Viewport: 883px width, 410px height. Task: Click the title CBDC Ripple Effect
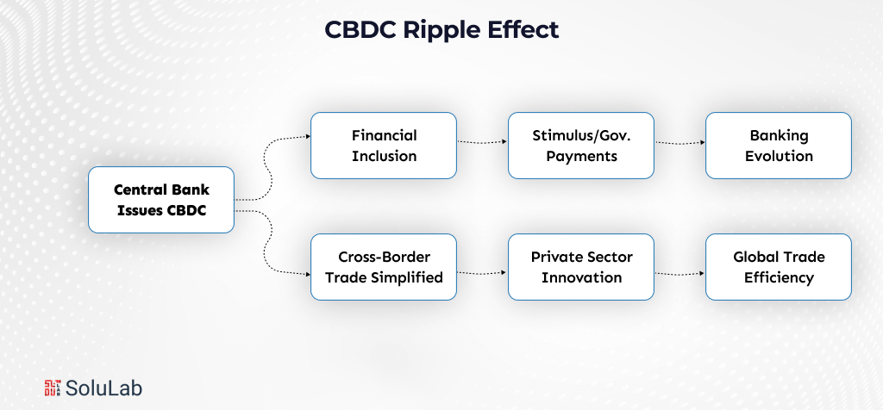(441, 29)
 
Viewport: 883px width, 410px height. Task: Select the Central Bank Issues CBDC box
(161, 200)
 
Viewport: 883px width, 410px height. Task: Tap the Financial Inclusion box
(384, 146)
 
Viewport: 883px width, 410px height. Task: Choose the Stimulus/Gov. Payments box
(581, 146)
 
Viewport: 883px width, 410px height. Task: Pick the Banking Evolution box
(779, 146)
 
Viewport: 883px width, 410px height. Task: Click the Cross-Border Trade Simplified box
(384, 267)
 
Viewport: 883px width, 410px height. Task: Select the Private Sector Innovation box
(581, 267)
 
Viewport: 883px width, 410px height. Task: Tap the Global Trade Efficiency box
(779, 267)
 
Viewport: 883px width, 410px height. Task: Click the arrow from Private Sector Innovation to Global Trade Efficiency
(679, 274)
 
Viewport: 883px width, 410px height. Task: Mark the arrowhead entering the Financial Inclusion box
(307, 136)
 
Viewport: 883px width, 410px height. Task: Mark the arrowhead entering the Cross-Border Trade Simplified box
(307, 275)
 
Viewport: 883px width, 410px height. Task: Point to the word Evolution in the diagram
(779, 156)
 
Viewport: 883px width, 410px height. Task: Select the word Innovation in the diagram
(581, 277)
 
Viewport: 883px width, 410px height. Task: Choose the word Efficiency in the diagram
(779, 277)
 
